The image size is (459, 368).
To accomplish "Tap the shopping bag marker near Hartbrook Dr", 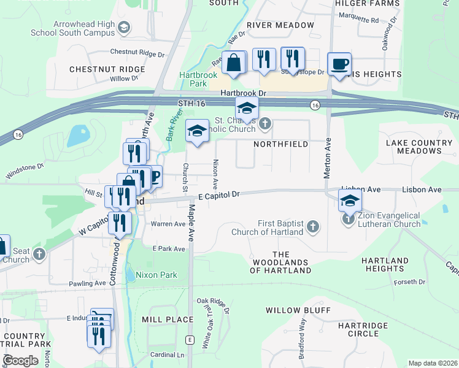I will click(234, 63).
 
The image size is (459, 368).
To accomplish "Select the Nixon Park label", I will click(156, 275).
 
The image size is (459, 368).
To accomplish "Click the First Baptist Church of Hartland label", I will click(268, 228).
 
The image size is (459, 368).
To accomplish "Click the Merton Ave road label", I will click(328, 157).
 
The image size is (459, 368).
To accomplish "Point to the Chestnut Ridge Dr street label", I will click(138, 53).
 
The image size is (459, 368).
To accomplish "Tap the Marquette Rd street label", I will click(358, 20).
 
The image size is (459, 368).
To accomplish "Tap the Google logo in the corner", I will click(20, 360).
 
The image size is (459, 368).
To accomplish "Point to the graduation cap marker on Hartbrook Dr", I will click(247, 109).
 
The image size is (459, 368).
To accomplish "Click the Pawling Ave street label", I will click(87, 283).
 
